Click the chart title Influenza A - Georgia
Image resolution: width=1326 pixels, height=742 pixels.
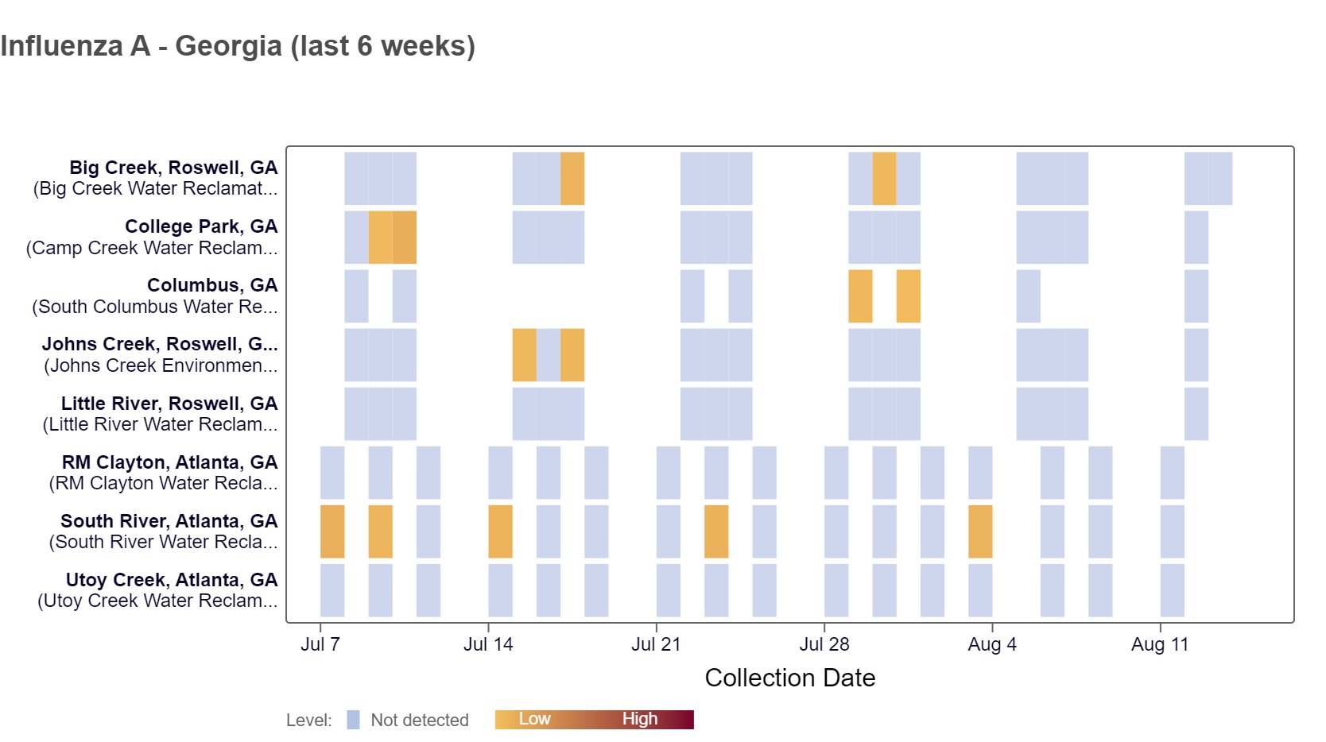[238, 46]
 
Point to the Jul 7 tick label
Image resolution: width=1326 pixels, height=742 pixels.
[320, 644]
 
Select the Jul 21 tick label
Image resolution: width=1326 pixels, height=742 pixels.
[656, 644]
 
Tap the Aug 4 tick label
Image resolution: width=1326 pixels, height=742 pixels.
[992, 644]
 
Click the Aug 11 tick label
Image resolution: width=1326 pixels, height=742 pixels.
[1160, 644]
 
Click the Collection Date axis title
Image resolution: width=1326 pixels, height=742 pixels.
[789, 678]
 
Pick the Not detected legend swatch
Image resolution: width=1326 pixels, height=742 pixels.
[354, 720]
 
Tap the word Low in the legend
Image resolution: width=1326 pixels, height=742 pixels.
[534, 719]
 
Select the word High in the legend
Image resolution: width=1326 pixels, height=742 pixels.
[640, 719]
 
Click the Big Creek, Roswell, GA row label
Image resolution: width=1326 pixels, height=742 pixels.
[173, 168]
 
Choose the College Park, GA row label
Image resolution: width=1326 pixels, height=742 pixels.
[201, 227]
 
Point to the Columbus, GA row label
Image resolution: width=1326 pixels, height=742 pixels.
[212, 286]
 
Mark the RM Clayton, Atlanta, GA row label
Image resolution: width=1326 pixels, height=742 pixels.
[169, 462]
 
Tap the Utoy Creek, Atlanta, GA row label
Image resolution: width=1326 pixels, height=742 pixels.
[172, 580]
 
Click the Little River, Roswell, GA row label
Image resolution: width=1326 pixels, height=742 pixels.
[169, 404]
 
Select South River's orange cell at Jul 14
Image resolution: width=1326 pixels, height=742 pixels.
[500, 531]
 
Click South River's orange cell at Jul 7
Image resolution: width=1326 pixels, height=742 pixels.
[332, 531]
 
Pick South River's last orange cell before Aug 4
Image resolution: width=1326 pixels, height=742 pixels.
[980, 531]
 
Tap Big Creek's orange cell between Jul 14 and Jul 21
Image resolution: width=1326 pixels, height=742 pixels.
[572, 179]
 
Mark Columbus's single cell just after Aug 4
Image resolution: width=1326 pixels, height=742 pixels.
[1028, 296]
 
